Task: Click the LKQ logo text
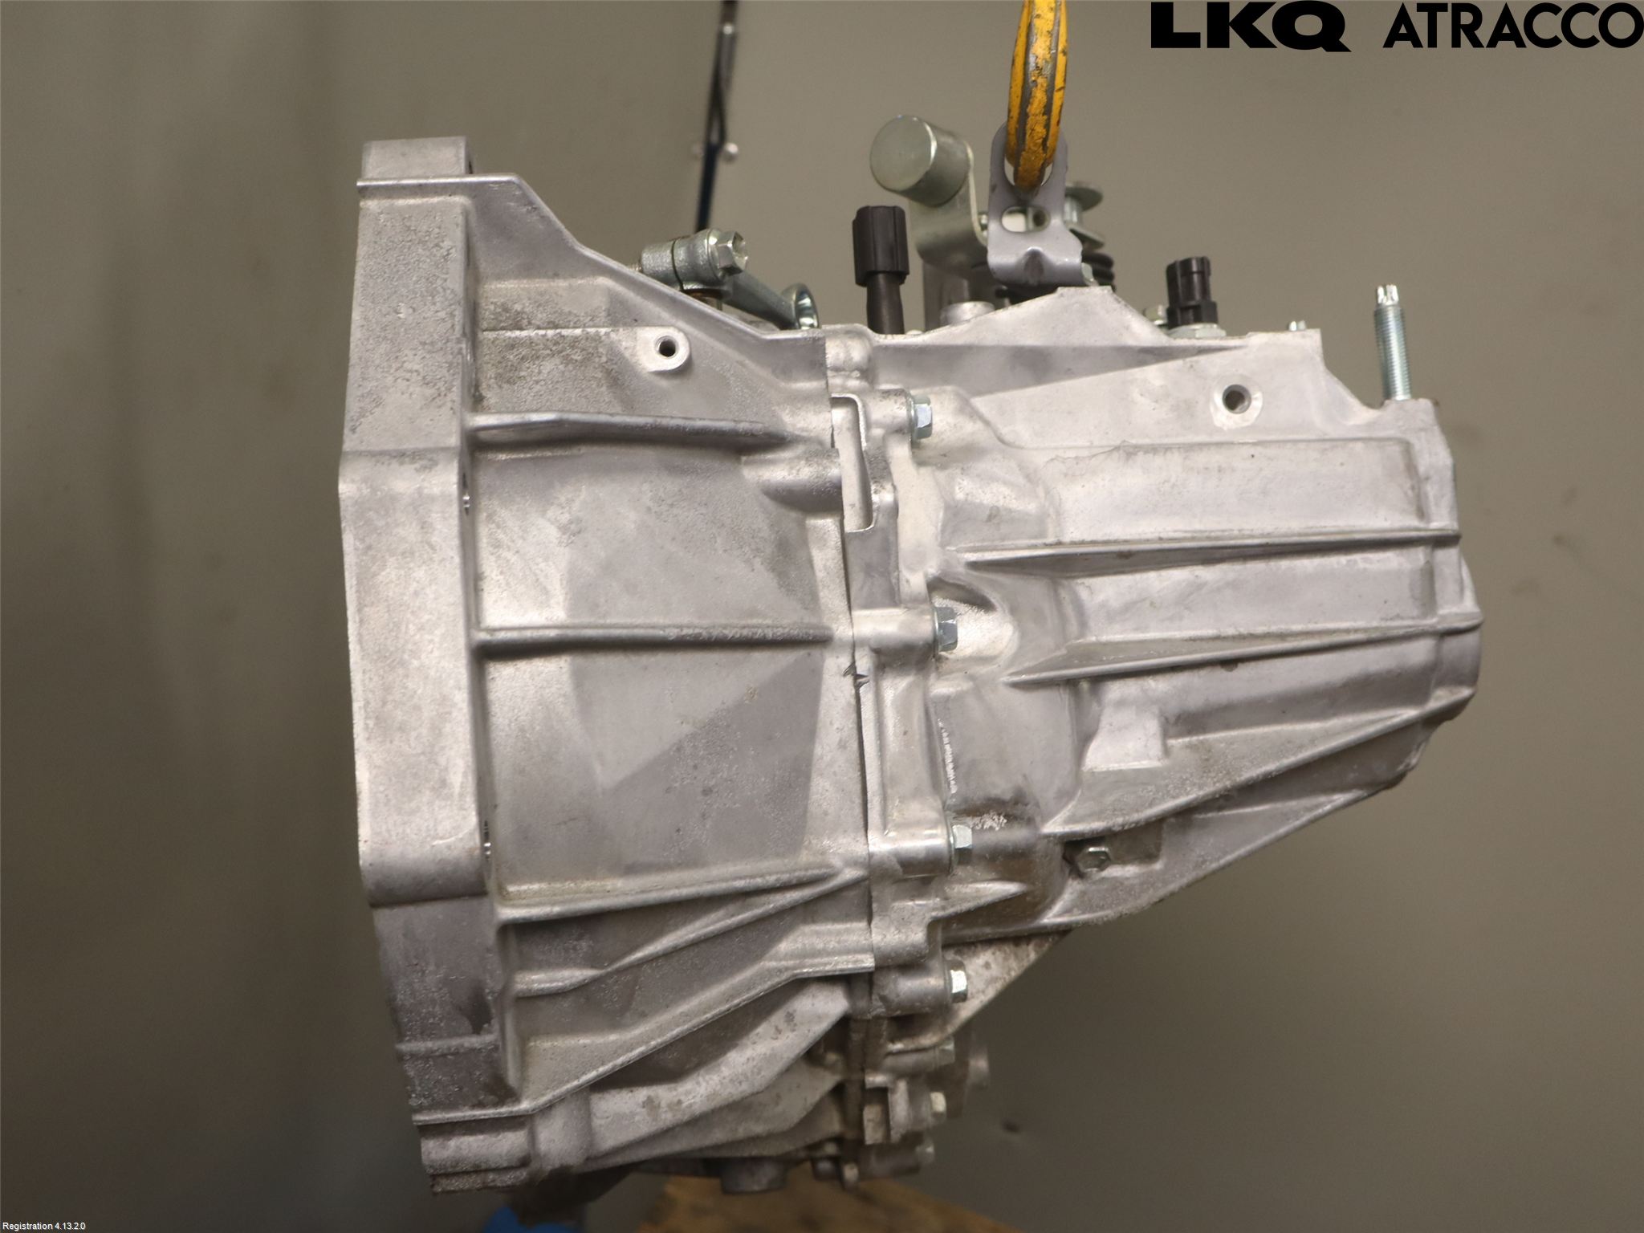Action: (1250, 26)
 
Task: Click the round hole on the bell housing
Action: (668, 348)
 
